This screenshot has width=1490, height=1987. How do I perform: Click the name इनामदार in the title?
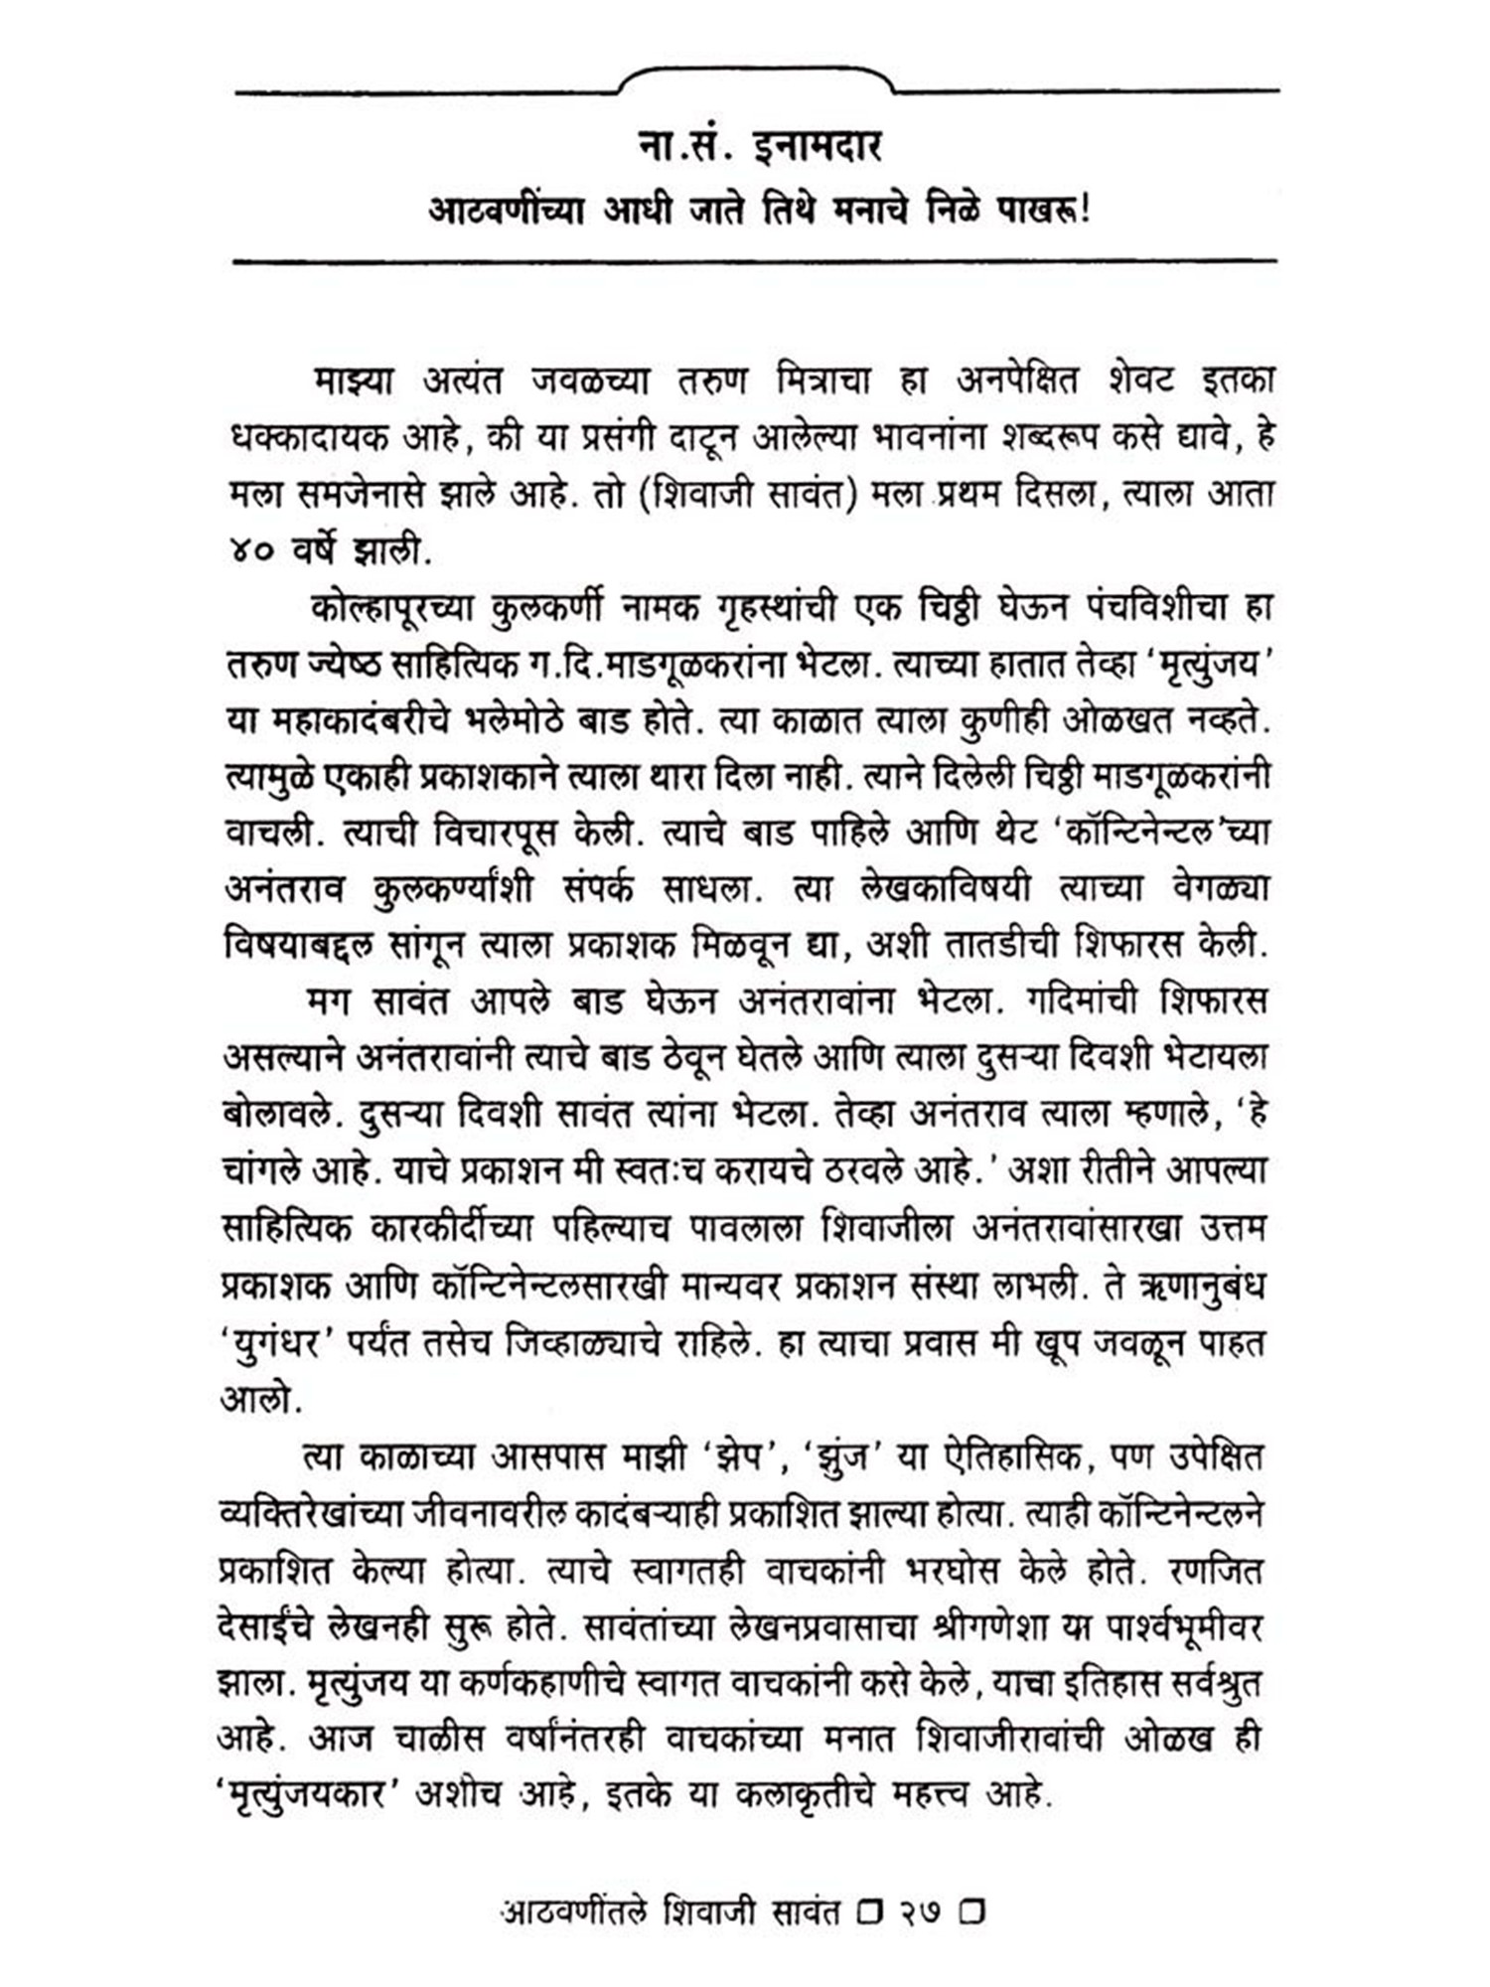click(818, 148)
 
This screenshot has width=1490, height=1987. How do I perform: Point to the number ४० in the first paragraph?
click(252, 552)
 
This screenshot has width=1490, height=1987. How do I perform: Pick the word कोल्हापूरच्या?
click(391, 608)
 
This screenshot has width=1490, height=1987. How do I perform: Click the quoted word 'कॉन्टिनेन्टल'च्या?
click(1161, 833)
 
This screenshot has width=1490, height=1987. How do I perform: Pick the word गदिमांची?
click(1074, 1001)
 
